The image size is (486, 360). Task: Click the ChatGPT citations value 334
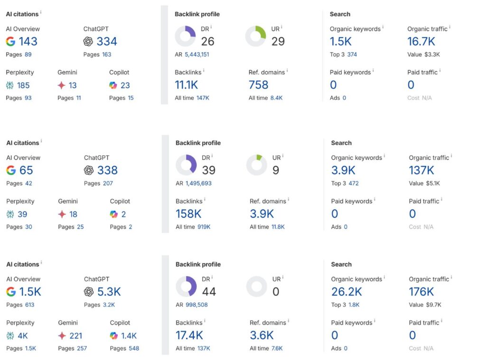click(107, 42)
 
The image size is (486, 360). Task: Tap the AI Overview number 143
click(28, 42)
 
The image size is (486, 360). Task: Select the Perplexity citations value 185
click(23, 85)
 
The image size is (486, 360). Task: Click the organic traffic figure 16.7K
click(421, 42)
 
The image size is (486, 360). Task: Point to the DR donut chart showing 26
click(185, 36)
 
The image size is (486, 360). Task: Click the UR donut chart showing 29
click(255, 36)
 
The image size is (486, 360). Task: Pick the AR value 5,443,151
click(197, 55)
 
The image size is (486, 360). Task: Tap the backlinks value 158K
click(188, 213)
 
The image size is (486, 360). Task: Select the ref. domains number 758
click(259, 85)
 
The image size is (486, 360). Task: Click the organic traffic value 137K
click(422, 170)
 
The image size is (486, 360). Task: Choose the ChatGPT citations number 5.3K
click(109, 292)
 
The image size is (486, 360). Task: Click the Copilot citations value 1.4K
click(129, 336)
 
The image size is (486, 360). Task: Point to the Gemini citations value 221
click(75, 336)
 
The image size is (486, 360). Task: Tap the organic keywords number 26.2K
click(346, 292)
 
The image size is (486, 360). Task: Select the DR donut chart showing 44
click(186, 286)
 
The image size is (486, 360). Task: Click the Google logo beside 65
click(11, 170)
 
